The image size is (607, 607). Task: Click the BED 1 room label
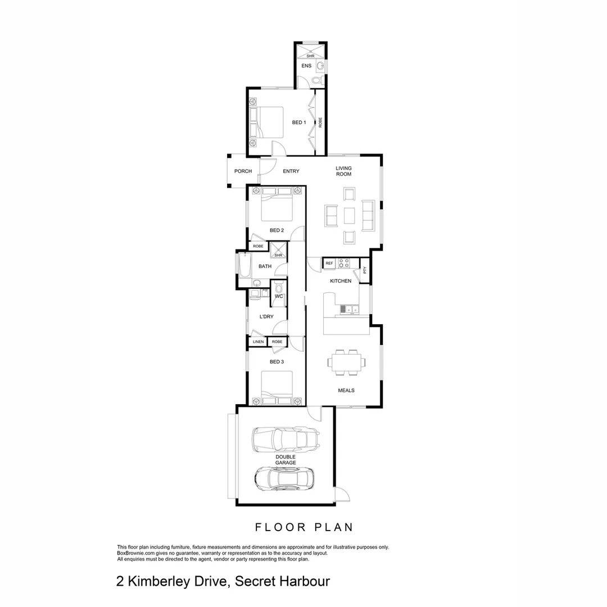299,123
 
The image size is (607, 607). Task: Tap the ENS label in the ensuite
306,66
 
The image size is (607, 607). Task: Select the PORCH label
243,171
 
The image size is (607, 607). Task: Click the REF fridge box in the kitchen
329,263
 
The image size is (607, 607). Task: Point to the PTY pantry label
365,270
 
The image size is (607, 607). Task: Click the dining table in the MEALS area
346,363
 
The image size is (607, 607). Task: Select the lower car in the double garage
284,478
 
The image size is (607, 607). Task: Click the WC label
278,296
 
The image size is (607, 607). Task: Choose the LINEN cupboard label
258,342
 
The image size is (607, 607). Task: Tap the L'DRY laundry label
266,317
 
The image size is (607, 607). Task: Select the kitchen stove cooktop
343,262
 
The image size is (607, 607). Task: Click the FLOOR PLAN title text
303,527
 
